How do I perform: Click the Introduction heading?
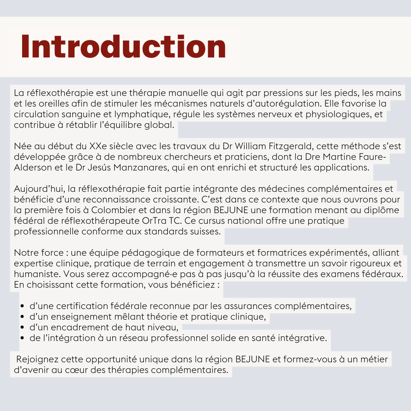tap(124, 47)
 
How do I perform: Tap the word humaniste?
tap(37, 274)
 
